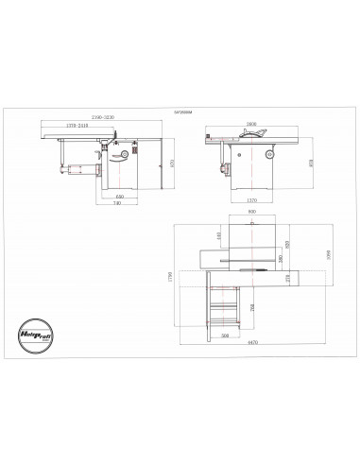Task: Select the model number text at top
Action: click(x=181, y=111)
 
